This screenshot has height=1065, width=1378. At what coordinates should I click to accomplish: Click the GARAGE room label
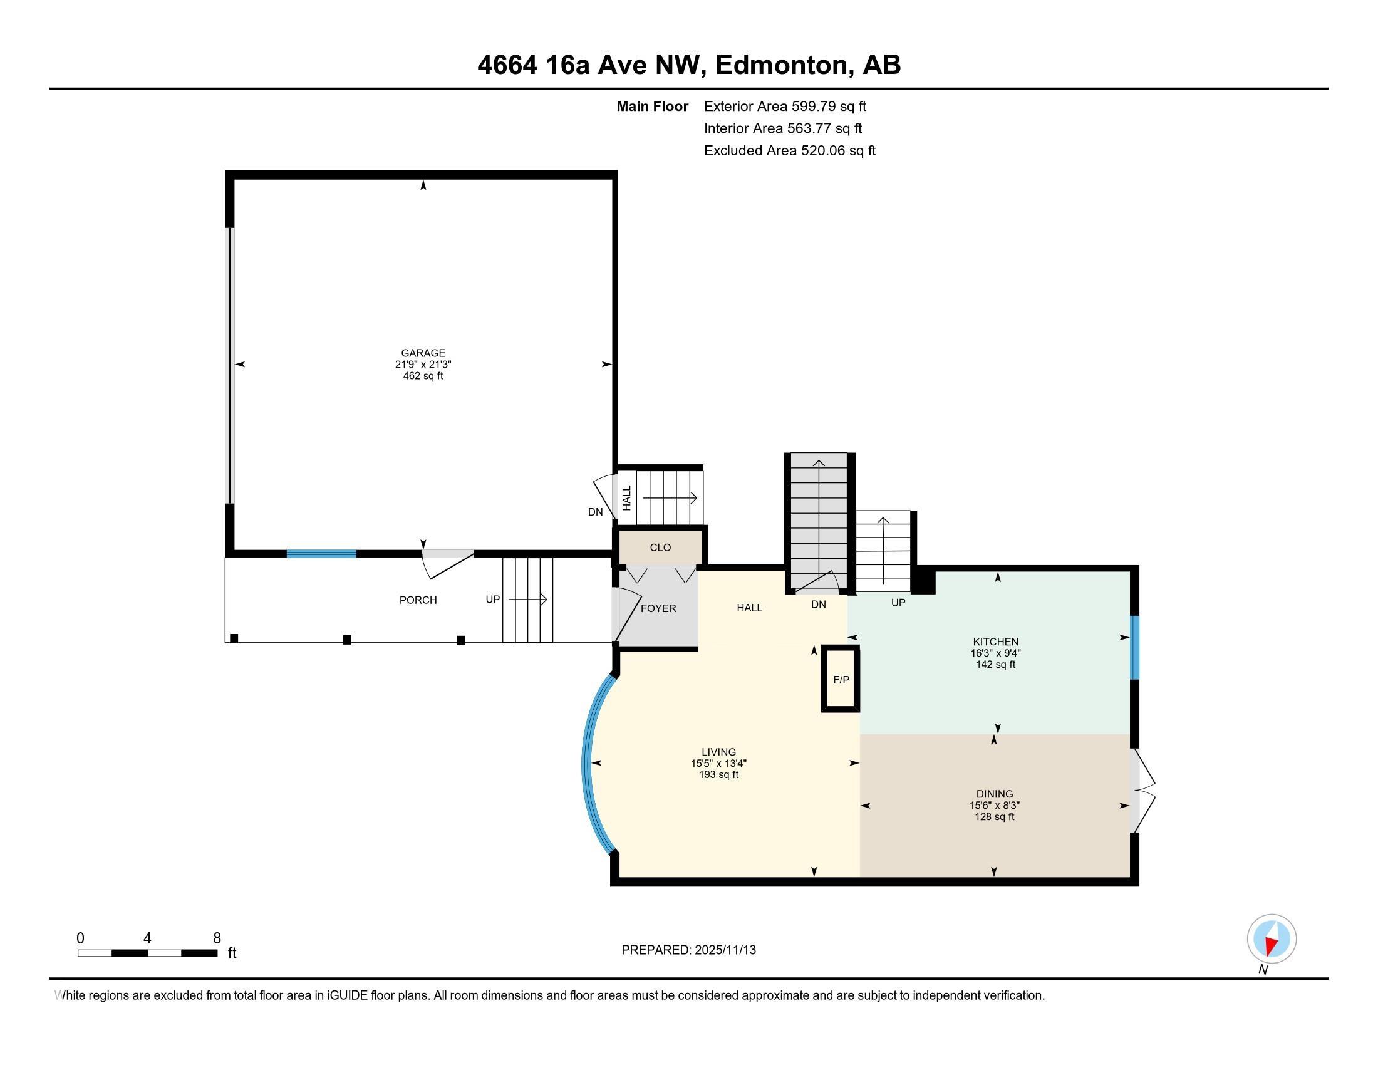click(423, 353)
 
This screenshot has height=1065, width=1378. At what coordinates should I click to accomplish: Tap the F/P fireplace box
click(841, 680)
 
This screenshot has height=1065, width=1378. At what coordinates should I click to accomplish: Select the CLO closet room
click(660, 547)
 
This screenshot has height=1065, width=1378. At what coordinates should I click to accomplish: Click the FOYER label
click(658, 608)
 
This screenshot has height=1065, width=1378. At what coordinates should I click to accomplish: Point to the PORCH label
click(418, 600)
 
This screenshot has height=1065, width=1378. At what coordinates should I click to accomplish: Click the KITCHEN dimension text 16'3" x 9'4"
click(995, 653)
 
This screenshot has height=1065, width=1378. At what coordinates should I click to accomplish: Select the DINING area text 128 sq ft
click(995, 816)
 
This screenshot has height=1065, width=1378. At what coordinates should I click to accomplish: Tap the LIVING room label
click(718, 751)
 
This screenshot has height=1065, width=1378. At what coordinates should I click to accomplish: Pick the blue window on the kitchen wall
click(1134, 647)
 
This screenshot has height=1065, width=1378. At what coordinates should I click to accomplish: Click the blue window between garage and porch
click(321, 554)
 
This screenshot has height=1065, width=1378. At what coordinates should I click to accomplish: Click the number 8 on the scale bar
click(217, 938)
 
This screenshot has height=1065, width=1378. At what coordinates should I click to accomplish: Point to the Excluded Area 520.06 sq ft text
click(789, 150)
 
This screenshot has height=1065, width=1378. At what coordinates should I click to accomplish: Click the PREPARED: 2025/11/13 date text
click(688, 950)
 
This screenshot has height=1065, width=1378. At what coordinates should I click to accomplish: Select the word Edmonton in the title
click(781, 65)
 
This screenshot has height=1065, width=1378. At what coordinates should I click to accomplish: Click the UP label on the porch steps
click(493, 600)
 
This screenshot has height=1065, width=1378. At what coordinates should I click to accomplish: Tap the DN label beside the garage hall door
click(595, 512)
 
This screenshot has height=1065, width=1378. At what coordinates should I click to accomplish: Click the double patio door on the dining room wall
click(1141, 790)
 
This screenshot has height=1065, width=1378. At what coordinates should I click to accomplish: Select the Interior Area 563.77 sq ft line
click(782, 128)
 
